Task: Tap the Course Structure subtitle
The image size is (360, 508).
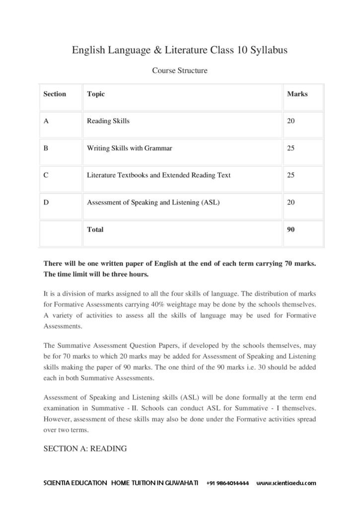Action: pos(179,70)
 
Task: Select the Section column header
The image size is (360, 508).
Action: pos(55,94)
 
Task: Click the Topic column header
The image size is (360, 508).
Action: pos(96,94)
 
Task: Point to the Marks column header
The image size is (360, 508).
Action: pos(297,94)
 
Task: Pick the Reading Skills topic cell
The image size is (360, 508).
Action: pos(108,121)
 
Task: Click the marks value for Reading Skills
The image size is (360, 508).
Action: pos(290,121)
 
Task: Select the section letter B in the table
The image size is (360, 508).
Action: pos(46,148)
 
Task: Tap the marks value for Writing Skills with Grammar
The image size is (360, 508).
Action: pos(290,148)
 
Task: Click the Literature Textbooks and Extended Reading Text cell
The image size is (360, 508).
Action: pos(158,175)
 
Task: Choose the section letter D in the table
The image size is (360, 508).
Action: pos(46,202)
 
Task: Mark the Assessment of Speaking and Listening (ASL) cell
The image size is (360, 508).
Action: pos(153,202)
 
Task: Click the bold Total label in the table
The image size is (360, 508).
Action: pos(95,230)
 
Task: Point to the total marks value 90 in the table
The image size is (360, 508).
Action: pos(290,230)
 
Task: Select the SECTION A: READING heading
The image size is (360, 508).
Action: pos(85,448)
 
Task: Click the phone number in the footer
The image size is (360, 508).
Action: pos(228,483)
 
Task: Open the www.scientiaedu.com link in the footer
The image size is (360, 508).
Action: pos(286,483)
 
